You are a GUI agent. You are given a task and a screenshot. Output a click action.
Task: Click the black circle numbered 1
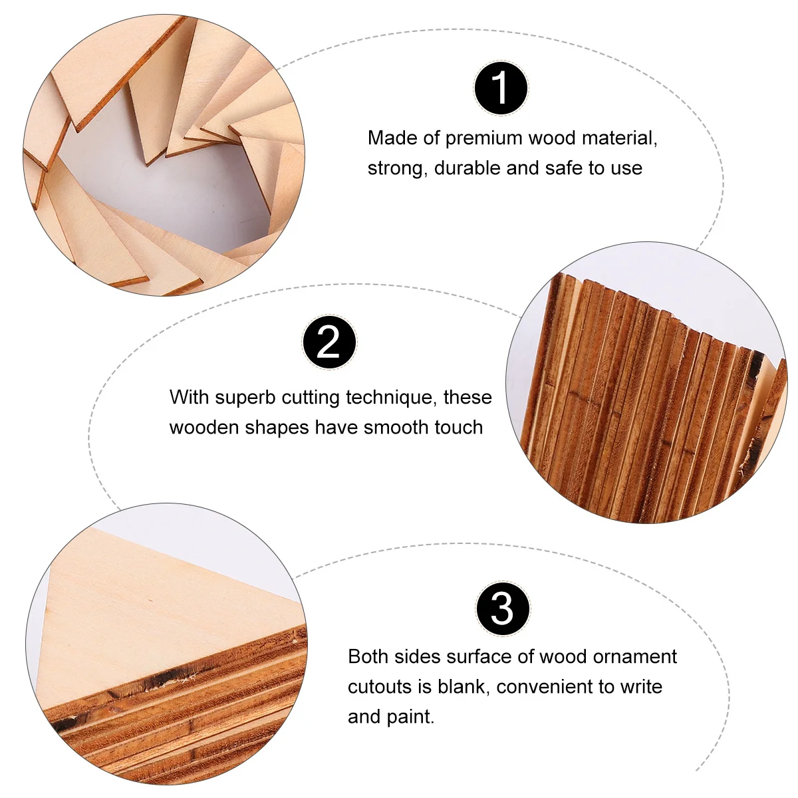[x=501, y=88]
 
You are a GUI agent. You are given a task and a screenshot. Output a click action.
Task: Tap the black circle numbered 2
[x=329, y=343]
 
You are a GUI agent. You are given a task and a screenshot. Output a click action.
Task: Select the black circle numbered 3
[x=503, y=608]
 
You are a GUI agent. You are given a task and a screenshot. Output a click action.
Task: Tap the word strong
[x=397, y=168]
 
